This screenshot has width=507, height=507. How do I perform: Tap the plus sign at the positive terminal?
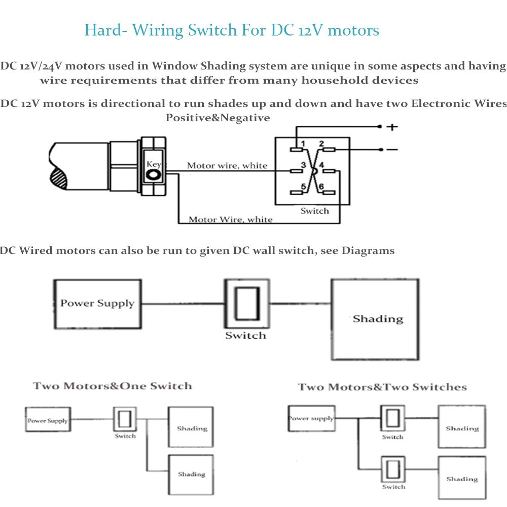392,127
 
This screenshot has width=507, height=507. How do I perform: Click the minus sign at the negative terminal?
392,150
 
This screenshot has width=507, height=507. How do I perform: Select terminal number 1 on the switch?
302,144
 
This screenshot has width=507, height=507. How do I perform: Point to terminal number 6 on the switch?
320,187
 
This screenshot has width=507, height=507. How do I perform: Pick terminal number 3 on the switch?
303,165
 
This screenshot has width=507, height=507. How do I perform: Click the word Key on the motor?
154,164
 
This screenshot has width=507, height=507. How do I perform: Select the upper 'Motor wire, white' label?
227,166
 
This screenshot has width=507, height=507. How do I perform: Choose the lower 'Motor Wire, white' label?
230,220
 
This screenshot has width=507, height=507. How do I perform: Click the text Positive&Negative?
218,118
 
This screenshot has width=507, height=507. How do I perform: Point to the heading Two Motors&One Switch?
113,386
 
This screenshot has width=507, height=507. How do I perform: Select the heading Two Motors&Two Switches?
382,387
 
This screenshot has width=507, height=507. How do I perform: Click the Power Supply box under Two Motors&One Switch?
48,420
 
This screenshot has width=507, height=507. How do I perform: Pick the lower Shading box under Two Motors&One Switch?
191,475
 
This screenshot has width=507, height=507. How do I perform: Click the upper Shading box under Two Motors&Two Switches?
461,426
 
